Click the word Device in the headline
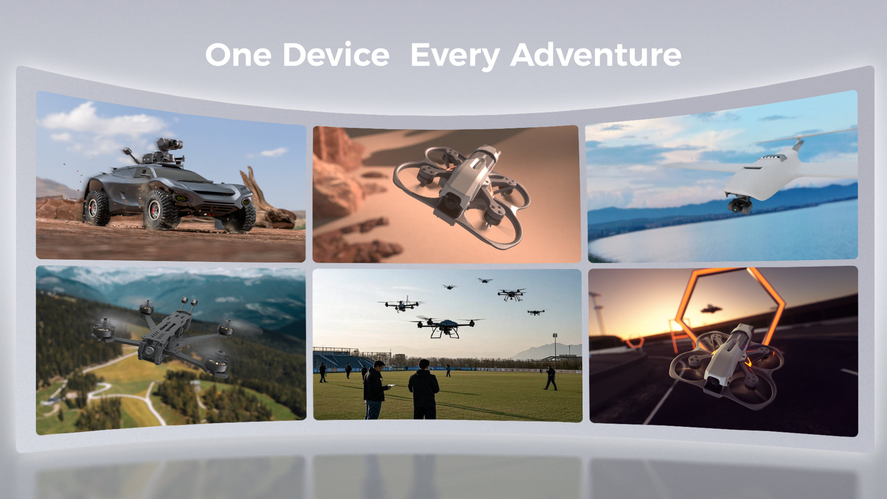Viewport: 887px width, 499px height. tap(336, 55)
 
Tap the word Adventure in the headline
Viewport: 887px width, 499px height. tap(596, 55)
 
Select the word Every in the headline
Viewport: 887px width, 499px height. tap(455, 57)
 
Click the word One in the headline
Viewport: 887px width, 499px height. tap(238, 55)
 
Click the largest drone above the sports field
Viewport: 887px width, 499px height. tap(446, 326)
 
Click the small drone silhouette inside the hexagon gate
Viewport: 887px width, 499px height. tap(711, 309)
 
